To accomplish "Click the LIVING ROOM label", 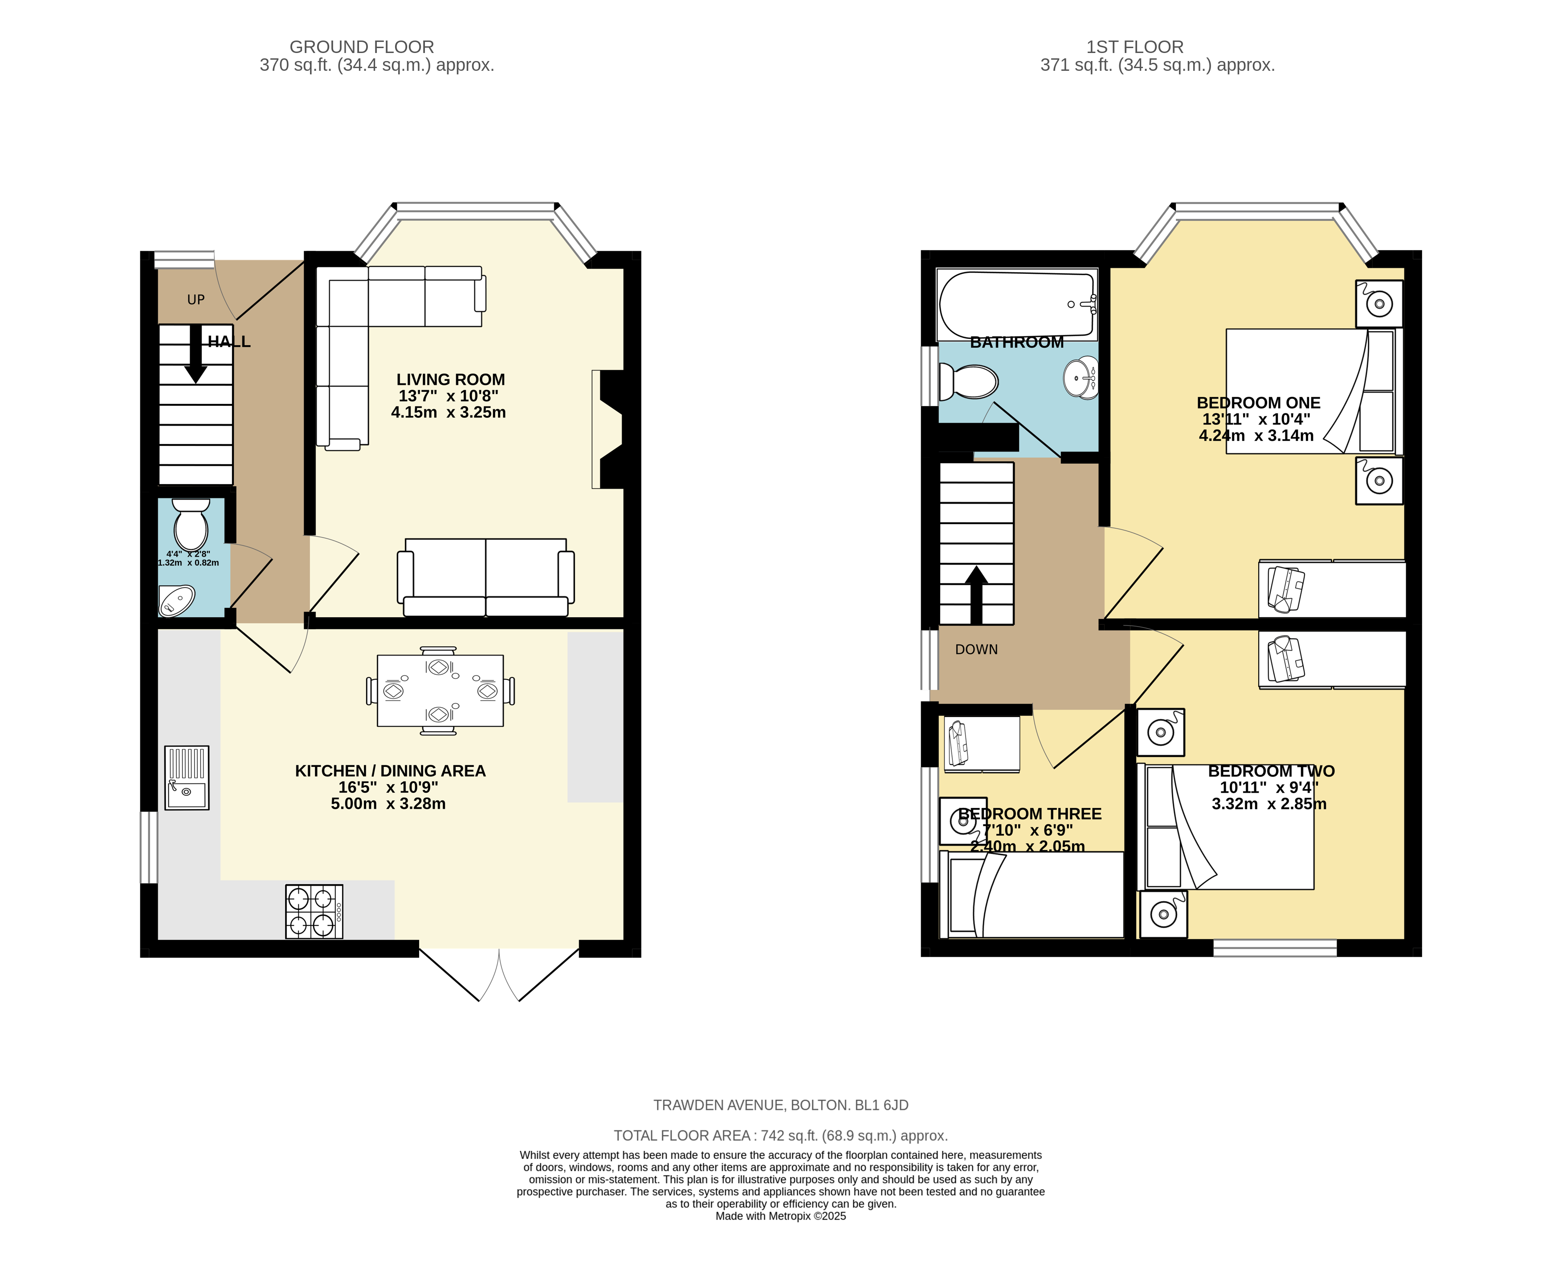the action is (450, 379).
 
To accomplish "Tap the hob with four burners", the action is (314, 912).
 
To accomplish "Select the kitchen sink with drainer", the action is (186, 777).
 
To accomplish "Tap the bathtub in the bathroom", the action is (1017, 304).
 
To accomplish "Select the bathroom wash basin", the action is (1081, 377).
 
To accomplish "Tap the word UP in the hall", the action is (196, 300).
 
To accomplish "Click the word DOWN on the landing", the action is (976, 649).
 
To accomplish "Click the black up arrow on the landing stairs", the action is (976, 595).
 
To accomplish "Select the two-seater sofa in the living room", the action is (486, 577).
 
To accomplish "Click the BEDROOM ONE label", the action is (1258, 403).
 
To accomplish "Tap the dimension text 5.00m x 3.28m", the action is (388, 804).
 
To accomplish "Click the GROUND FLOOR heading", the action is (362, 47).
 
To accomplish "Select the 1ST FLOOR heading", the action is (1134, 47).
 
